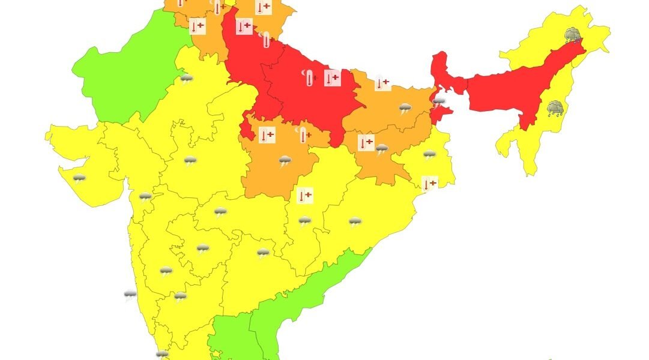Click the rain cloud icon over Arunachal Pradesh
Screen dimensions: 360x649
click(x=572, y=35)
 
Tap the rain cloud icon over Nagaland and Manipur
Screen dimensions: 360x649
click(x=555, y=108)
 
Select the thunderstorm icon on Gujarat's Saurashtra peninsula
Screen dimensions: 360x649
click(x=79, y=178)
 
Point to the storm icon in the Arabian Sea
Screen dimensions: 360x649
click(x=130, y=294)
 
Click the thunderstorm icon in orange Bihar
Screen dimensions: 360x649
click(x=406, y=109)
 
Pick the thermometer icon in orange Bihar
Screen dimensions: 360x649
click(x=382, y=83)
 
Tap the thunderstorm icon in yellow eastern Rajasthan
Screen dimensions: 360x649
click(x=190, y=161)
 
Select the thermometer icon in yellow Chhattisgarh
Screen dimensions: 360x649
click(x=305, y=196)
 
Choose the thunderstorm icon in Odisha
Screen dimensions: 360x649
click(x=355, y=223)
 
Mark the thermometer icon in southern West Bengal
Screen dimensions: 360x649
click(x=429, y=184)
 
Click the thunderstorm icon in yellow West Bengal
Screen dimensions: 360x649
click(x=429, y=155)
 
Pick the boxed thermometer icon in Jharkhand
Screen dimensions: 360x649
click(x=365, y=143)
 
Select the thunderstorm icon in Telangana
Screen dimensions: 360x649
click(x=262, y=253)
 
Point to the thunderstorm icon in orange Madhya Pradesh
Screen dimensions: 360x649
click(x=285, y=160)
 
